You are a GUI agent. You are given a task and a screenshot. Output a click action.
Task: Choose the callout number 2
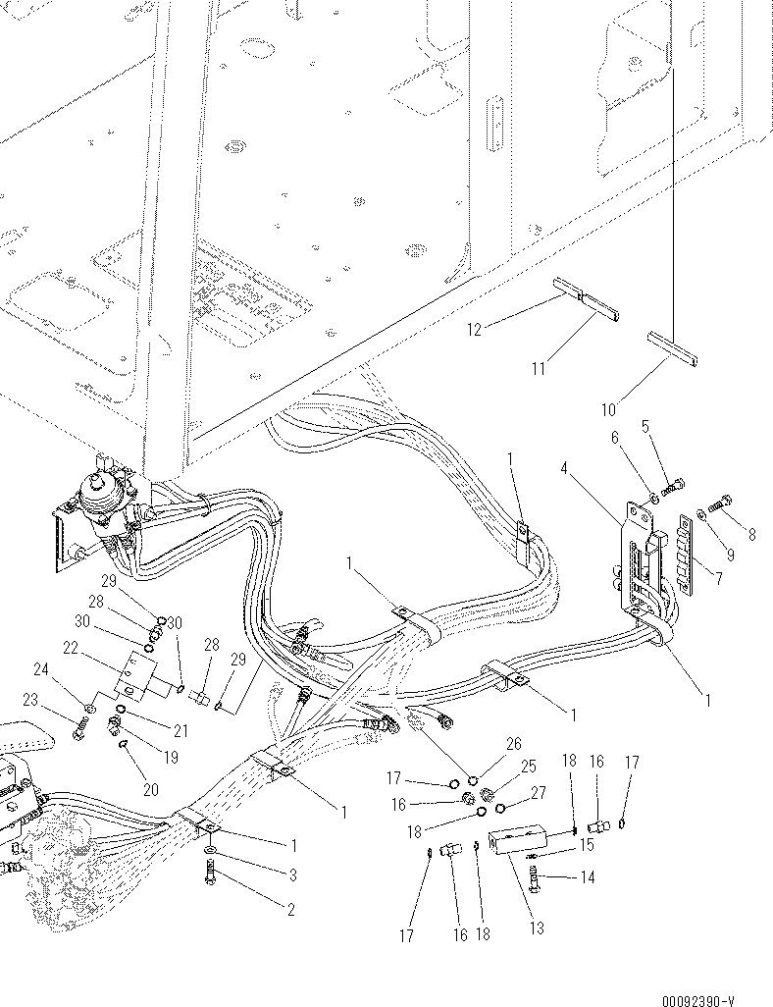click(x=290, y=910)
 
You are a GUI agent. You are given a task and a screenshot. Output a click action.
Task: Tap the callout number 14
click(x=587, y=878)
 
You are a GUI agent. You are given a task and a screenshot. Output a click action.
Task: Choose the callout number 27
click(x=538, y=793)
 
